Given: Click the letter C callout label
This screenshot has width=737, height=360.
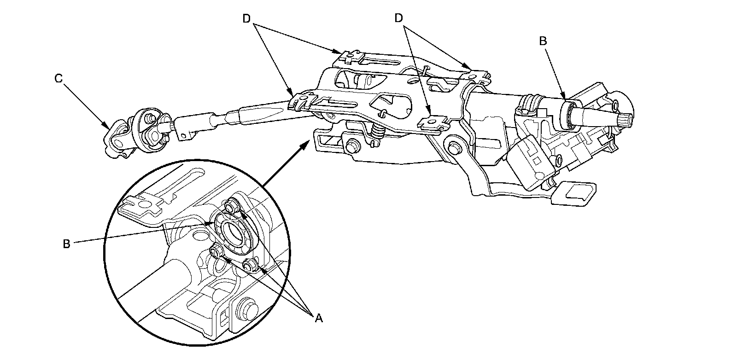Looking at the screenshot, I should tap(58, 79).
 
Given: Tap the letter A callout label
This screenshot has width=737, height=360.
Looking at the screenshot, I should tap(318, 317).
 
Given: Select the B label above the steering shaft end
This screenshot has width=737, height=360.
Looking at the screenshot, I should tap(543, 41).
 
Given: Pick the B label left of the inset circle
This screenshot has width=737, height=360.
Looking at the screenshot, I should tap(66, 244).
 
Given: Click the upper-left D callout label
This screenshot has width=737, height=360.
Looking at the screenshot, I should tap(247, 18).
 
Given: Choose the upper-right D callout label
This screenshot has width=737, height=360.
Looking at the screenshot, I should tap(399, 18).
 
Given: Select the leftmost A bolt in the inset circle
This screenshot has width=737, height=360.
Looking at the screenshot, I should tap(216, 252).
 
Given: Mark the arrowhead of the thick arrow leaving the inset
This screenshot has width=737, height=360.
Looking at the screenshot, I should tap(306, 143).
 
